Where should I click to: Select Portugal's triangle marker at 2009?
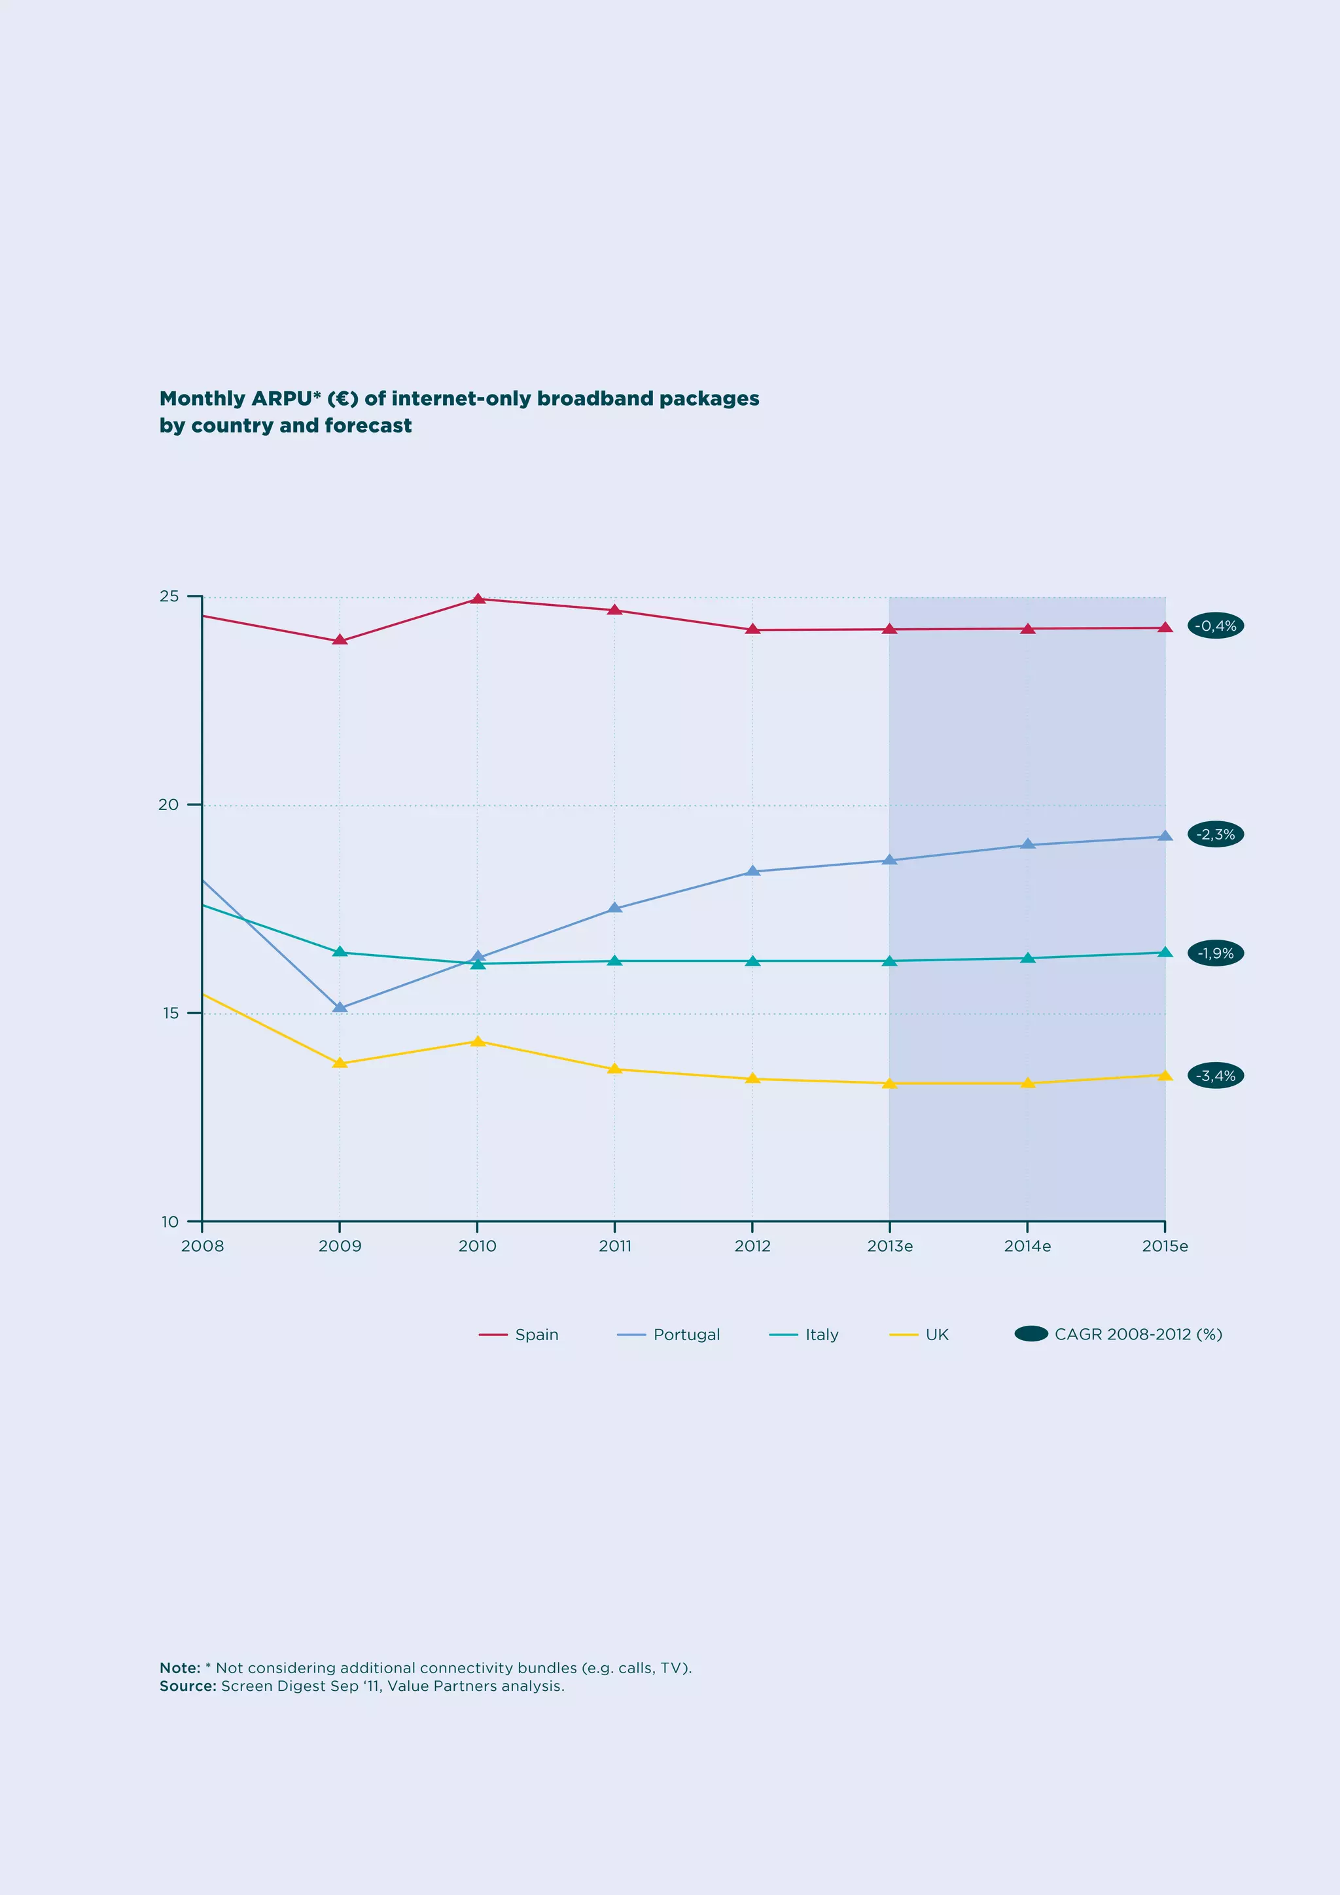pos(339,1008)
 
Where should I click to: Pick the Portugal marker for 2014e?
pos(1027,844)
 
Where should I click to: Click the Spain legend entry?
pos(520,1335)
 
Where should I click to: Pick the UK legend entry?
pos(920,1335)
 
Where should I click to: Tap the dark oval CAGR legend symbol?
pos(1031,1334)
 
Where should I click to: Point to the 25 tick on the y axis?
pos(169,596)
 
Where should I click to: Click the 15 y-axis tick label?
pos(170,1013)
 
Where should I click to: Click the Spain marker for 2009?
pos(339,641)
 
